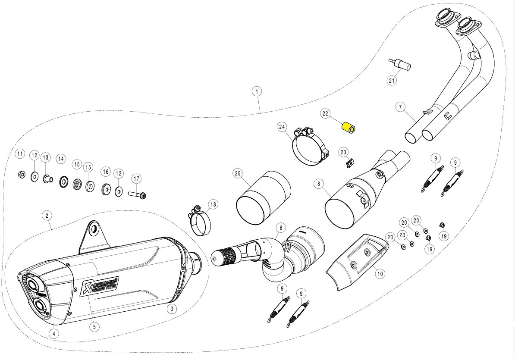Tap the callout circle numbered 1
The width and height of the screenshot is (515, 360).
[257, 91]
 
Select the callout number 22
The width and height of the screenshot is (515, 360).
[325, 114]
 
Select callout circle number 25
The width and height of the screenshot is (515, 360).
[237, 174]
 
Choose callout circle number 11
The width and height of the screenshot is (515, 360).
[20, 154]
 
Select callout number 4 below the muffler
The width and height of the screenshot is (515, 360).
[53, 333]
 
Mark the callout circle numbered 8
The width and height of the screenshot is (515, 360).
[319, 184]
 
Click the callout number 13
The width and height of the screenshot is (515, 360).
[46, 157]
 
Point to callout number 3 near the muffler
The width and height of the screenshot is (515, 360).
[171, 309]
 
